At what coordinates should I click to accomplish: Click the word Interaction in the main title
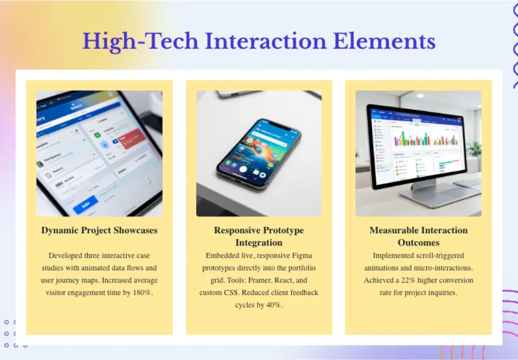tap(265, 41)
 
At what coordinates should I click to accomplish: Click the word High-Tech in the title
tap(140, 41)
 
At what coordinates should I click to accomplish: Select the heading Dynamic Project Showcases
tap(99, 230)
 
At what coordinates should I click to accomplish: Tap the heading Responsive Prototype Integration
tap(259, 236)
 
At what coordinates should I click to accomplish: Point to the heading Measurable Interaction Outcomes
tap(418, 236)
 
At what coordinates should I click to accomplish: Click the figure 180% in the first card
tap(142, 293)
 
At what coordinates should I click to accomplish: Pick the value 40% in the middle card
tap(272, 305)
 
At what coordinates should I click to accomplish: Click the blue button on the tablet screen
tap(85, 205)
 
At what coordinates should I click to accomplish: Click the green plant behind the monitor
tap(475, 149)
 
